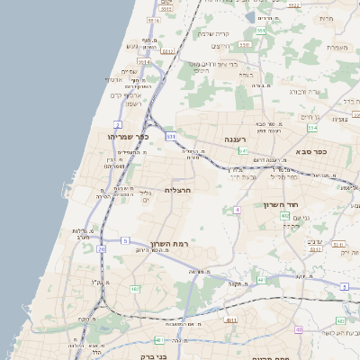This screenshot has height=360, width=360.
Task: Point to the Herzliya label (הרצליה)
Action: [x=181, y=190]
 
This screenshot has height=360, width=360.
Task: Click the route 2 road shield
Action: [x=118, y=123]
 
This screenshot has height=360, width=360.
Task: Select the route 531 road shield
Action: [x=171, y=136]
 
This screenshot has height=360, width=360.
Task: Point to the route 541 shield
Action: [x=244, y=151]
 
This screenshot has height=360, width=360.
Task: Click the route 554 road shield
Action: [x=311, y=128]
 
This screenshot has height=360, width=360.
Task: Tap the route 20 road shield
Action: [x=102, y=248]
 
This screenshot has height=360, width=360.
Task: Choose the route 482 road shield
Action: [x=158, y=339]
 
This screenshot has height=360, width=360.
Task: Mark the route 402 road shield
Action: [x=284, y=216]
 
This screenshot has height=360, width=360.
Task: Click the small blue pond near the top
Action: [x=249, y=16]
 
